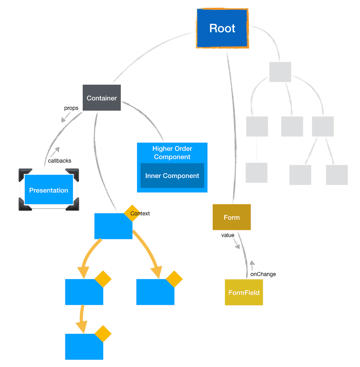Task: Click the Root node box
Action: pyautogui.click(x=222, y=28)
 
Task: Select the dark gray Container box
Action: pyautogui.click(x=102, y=98)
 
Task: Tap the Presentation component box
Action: pyautogui.click(x=48, y=190)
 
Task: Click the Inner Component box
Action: pyautogui.click(x=172, y=176)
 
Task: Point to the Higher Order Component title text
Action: pyautogui.click(x=172, y=153)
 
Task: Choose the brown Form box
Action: pyautogui.click(x=232, y=217)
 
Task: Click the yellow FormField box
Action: pyautogui.click(x=244, y=293)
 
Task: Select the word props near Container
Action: pyautogui.click(x=71, y=108)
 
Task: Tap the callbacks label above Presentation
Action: pyautogui.click(x=59, y=161)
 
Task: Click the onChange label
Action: pyautogui.click(x=263, y=274)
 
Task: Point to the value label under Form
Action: pyautogui.click(x=228, y=235)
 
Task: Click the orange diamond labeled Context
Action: pyautogui.click(x=132, y=213)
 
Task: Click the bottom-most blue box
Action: pyautogui.click(x=84, y=347)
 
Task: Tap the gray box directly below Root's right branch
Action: pyautogui.click(x=280, y=72)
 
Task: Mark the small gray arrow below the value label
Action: pyautogui.click(x=237, y=246)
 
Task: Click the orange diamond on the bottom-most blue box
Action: pyautogui.click(x=103, y=334)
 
